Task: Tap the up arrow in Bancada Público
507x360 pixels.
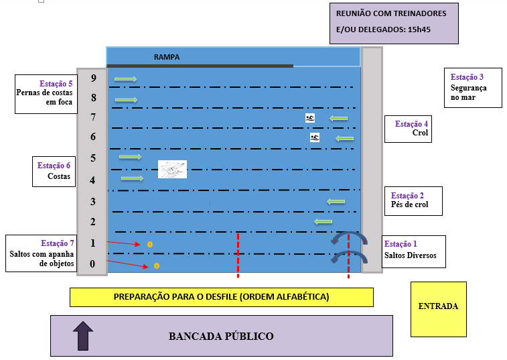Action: [x=82, y=335]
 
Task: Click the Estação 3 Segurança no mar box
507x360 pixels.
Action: [x=473, y=87]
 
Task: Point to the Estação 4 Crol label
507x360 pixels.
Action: [x=407, y=129]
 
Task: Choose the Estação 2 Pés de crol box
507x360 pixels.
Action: [x=413, y=200]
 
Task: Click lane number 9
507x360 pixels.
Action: [x=93, y=78]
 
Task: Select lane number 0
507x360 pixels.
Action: [x=93, y=264]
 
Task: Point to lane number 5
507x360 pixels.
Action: [x=93, y=159]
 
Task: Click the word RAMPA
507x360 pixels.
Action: [x=167, y=58]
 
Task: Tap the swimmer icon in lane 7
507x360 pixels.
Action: [x=310, y=118]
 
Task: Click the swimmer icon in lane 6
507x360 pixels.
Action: [x=315, y=137]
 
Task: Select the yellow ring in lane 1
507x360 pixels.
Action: [x=150, y=244]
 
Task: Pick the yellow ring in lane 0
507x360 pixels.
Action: [x=156, y=266]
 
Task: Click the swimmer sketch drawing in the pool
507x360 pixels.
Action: [x=172, y=169]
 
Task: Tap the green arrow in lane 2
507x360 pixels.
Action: [x=323, y=221]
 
